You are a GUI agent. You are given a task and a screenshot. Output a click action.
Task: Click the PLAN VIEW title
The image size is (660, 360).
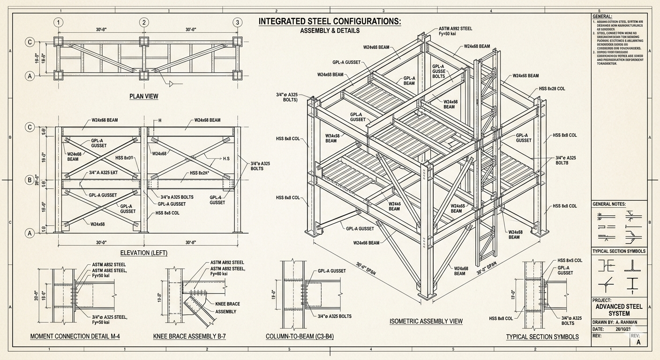[144, 96]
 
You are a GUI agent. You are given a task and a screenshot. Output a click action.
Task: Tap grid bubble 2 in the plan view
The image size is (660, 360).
[144, 22]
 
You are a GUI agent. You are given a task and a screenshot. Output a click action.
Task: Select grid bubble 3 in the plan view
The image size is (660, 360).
[238, 22]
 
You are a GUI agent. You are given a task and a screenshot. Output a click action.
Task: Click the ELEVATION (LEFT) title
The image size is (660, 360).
[144, 253]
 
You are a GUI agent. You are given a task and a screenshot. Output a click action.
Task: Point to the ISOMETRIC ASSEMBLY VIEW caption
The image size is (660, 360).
[426, 321]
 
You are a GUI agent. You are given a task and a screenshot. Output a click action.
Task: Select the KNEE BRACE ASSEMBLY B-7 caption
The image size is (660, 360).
[190, 337]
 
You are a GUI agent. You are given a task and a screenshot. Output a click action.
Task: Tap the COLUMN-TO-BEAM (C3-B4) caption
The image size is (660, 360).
[300, 337]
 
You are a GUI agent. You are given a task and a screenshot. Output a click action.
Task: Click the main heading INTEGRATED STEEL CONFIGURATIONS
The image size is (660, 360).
[330, 22]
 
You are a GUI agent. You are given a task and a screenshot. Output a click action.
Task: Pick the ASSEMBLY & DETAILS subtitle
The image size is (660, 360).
[330, 31]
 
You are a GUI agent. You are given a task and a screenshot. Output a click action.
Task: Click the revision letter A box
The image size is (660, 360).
[638, 342]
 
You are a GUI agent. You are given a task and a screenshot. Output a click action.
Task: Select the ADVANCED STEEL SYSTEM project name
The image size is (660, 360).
[619, 310]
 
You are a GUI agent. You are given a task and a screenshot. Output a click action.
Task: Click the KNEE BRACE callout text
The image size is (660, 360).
[227, 304]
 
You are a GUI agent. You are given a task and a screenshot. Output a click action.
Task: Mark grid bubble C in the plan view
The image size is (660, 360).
[30, 42]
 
